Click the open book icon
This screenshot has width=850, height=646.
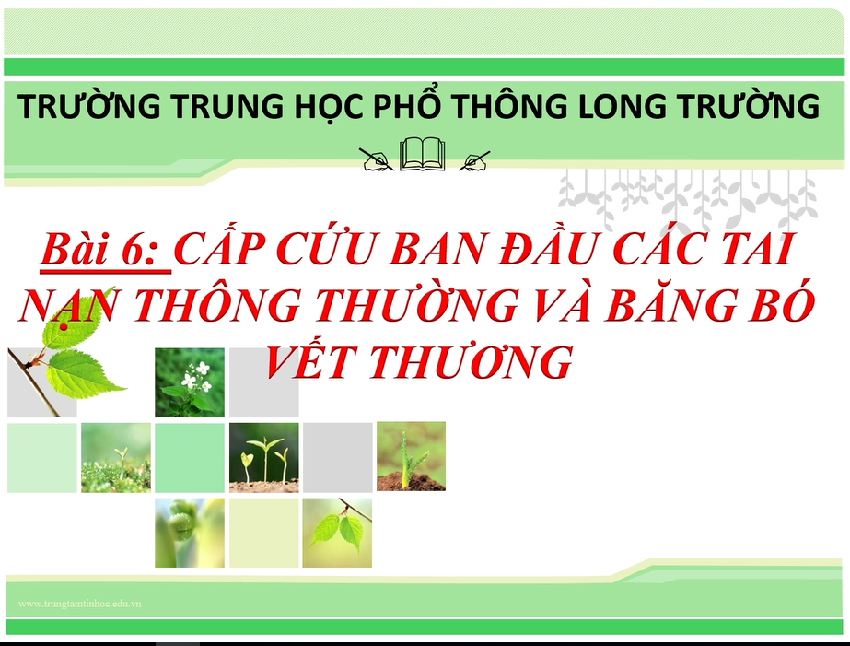(x=423, y=154)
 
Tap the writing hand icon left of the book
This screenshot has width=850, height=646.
(x=377, y=159)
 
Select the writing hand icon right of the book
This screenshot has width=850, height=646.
(x=474, y=161)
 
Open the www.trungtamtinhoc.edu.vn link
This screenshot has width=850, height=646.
(x=80, y=604)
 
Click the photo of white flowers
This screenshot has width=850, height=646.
(x=189, y=382)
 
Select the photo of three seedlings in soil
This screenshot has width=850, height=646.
(x=263, y=457)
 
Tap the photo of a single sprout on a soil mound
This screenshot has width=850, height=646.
(x=411, y=456)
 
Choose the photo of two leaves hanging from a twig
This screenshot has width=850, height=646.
(x=337, y=533)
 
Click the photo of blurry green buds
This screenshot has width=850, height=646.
(x=189, y=533)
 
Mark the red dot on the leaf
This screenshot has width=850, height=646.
(x=64, y=327)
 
